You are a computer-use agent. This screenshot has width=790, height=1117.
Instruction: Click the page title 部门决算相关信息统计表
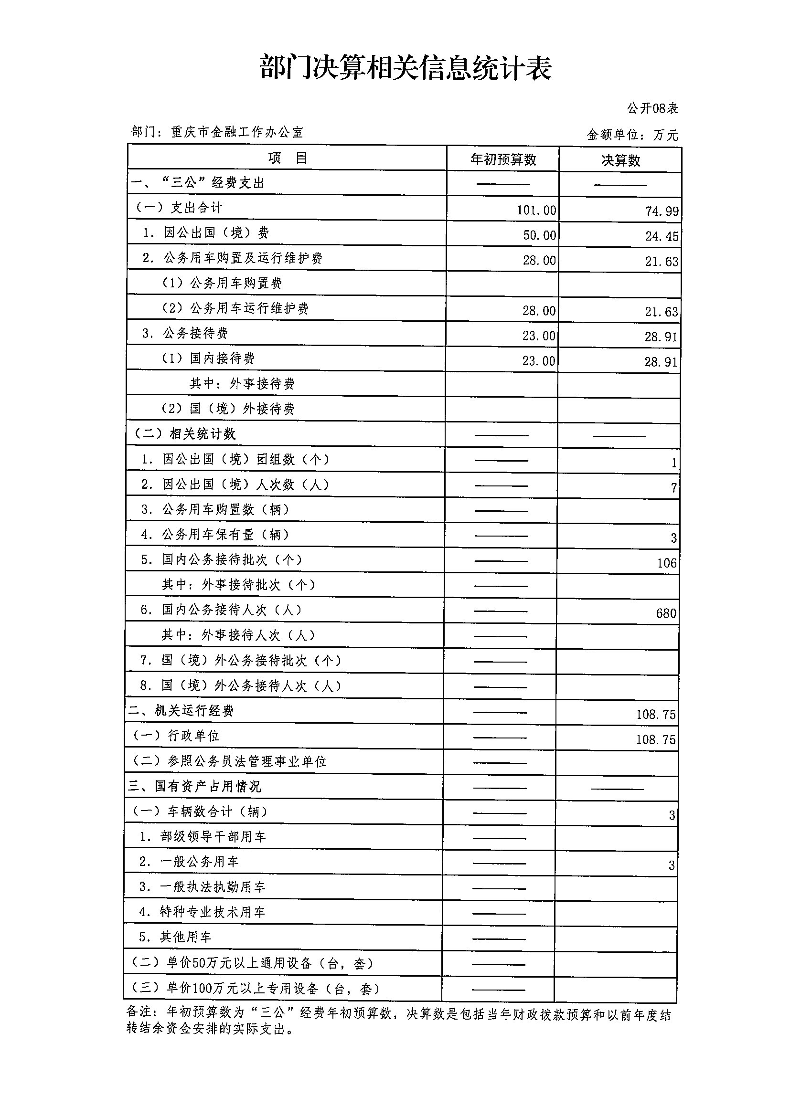[x=406, y=68]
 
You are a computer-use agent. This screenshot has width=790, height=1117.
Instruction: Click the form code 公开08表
[x=652, y=108]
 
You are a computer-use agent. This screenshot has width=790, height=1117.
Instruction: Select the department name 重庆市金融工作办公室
[x=236, y=132]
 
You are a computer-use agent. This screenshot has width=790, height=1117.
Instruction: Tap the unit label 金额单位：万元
[x=632, y=135]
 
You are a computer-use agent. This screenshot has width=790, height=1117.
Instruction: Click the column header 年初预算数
[x=503, y=159]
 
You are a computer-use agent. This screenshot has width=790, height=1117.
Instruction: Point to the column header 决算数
[x=620, y=160]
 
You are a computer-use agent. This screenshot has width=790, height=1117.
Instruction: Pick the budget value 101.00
[x=536, y=210]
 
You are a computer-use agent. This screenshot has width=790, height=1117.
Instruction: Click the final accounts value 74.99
[x=662, y=211]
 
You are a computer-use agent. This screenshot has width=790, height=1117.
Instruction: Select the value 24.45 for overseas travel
[x=662, y=236]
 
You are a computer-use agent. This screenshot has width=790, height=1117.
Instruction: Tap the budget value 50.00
[x=539, y=235]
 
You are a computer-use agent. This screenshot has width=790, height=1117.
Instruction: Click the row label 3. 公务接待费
[x=185, y=333]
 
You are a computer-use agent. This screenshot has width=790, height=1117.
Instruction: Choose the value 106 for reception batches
[x=666, y=563]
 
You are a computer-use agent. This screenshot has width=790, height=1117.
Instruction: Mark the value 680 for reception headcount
[x=666, y=613]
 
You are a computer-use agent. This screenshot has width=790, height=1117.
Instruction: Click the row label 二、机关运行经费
[x=181, y=711]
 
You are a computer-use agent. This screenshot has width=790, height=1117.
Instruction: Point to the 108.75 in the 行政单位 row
[x=655, y=740]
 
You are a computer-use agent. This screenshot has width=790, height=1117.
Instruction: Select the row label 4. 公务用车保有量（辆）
[x=214, y=535]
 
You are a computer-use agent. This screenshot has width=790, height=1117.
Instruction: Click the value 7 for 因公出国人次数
[x=673, y=488]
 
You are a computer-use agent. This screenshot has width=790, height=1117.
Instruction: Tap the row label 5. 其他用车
[x=175, y=937]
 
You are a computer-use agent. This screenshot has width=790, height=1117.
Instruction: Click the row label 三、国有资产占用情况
[x=195, y=786]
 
